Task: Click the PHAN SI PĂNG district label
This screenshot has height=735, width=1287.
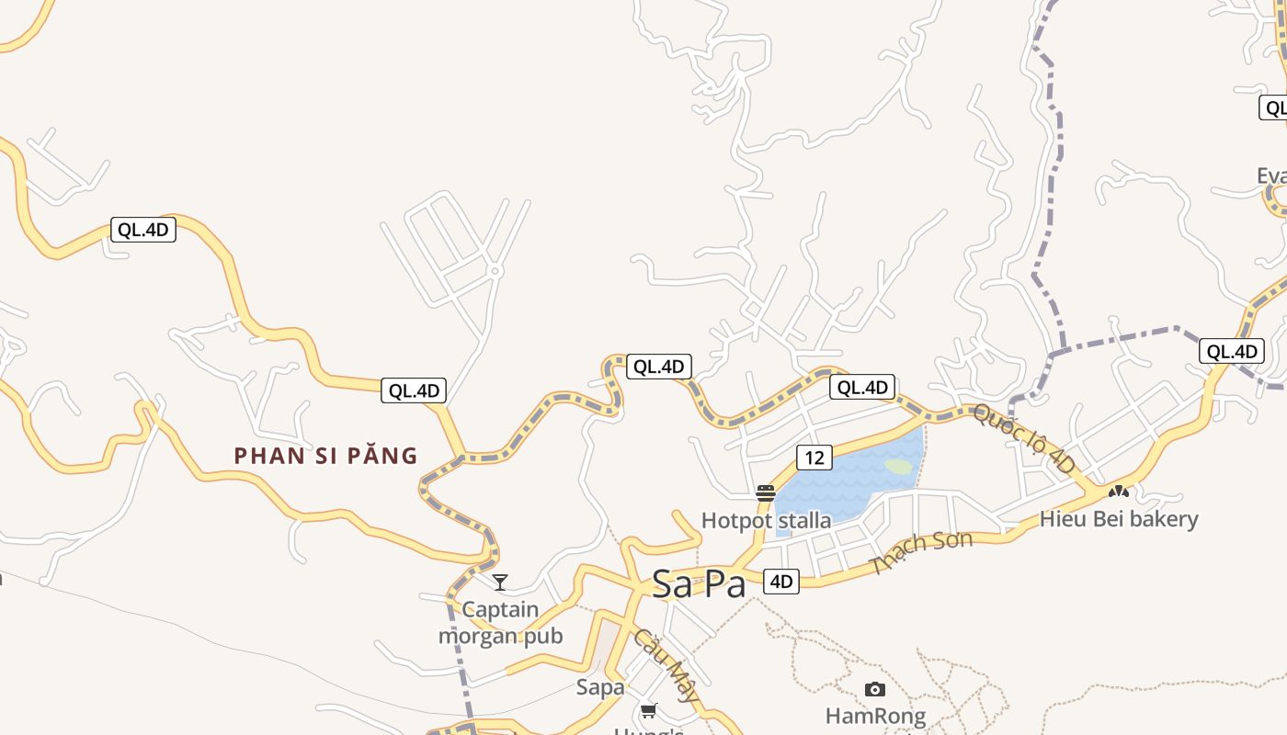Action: click(x=325, y=456)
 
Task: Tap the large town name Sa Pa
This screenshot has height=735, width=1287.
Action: click(x=699, y=584)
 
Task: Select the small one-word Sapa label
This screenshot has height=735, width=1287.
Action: click(x=600, y=687)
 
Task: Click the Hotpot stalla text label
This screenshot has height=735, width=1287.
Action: click(x=766, y=521)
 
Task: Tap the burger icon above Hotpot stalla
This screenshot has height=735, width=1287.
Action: click(x=766, y=493)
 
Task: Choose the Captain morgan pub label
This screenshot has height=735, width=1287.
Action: click(x=500, y=622)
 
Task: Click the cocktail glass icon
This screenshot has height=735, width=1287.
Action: click(x=500, y=582)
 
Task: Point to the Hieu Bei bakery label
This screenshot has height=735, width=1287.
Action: click(x=1119, y=519)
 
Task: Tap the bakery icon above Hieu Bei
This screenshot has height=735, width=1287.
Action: click(x=1119, y=492)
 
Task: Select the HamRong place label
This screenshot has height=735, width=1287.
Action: click(x=875, y=715)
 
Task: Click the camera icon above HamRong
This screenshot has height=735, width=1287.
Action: click(x=875, y=689)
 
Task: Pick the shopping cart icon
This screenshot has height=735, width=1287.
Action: click(x=649, y=710)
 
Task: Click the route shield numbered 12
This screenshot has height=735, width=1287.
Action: click(x=814, y=457)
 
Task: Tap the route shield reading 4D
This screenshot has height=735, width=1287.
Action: click(x=780, y=581)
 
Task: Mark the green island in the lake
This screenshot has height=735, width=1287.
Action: click(x=899, y=467)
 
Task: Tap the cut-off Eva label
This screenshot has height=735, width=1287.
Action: click(x=1271, y=175)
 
